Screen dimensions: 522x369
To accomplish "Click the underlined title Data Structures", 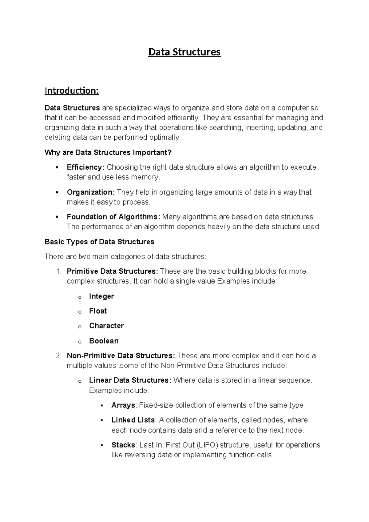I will pos(184,52).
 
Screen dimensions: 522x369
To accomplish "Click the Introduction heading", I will pos(71,91).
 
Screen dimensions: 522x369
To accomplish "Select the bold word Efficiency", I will pos(85,167).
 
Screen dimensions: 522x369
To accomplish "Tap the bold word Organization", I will pos(90,192).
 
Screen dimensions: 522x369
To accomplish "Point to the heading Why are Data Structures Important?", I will pos(108,152).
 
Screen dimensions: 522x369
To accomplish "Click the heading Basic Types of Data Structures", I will pos(99,242).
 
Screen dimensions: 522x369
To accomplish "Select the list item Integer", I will pos(101,296).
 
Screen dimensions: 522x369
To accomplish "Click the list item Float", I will pos(98,311).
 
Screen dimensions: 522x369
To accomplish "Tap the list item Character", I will pos(106,326).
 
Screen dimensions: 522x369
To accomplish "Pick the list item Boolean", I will pos(104,341).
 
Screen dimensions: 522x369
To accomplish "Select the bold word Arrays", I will pos(123,405).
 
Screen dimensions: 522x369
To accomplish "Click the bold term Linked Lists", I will pos(133,420).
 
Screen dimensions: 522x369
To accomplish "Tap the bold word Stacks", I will pos(123,445).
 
